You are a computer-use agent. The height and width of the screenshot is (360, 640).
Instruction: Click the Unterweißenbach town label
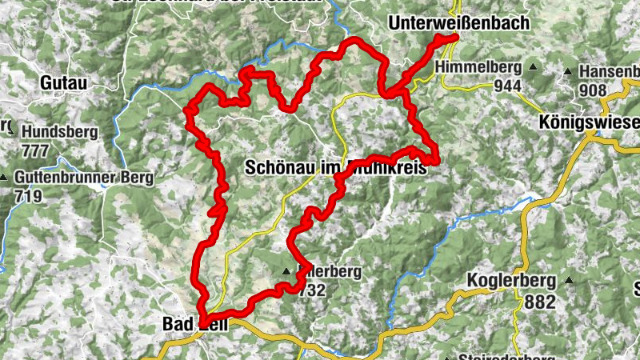click(x=459, y=23)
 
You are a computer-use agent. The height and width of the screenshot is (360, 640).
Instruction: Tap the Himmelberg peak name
click(x=479, y=68)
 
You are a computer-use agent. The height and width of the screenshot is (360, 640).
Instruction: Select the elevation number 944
click(x=507, y=86)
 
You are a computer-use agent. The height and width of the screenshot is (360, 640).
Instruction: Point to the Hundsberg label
click(x=61, y=131)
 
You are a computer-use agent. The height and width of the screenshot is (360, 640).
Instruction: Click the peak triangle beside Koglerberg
click(x=569, y=281)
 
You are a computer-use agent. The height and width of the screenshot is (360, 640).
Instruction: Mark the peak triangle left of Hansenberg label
click(x=567, y=72)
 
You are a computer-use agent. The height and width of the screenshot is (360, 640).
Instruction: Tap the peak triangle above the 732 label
click(x=286, y=271)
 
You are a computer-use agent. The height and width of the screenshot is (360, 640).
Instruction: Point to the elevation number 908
click(x=593, y=90)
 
